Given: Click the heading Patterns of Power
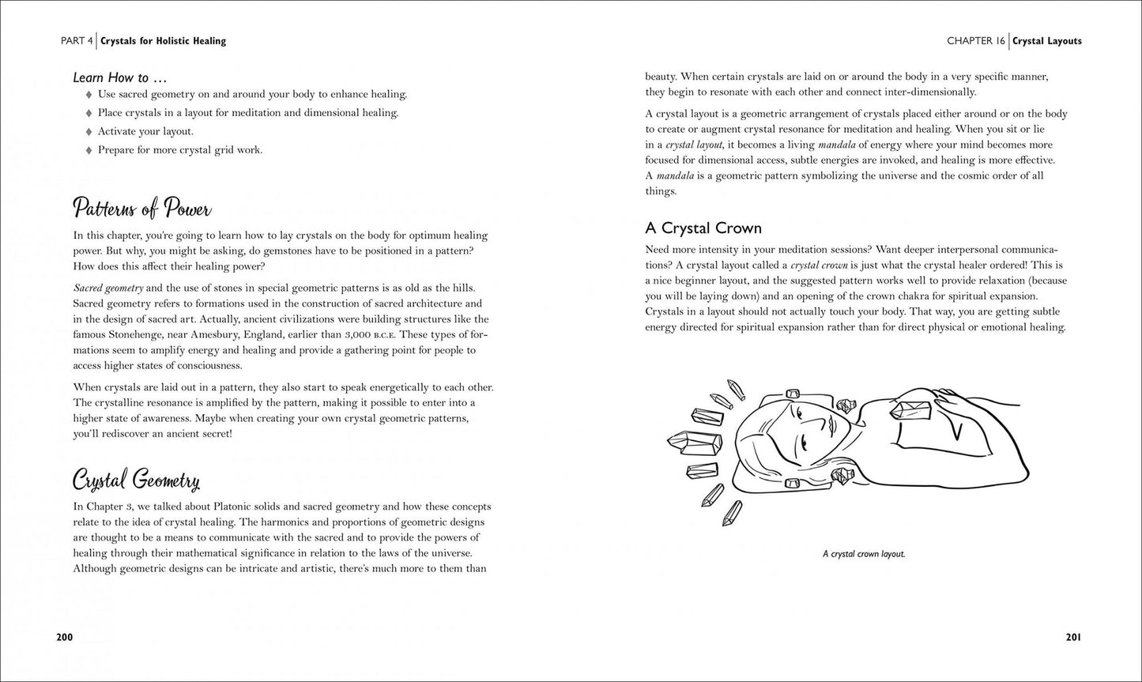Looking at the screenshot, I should coord(141,209).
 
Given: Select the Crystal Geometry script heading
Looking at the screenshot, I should coord(136,480).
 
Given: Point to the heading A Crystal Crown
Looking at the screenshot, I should coord(703,228).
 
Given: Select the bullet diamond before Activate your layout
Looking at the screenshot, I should coord(89,132).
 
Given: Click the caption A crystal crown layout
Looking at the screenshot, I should coord(864,554).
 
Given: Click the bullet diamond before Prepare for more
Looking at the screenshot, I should coord(89,150).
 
